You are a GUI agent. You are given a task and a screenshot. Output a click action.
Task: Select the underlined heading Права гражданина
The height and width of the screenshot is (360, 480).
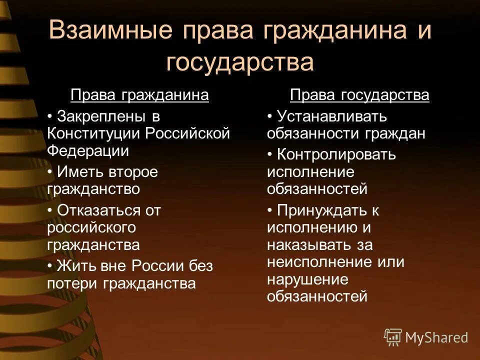(139, 95)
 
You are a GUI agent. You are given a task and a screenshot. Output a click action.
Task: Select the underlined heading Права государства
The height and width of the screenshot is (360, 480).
(359, 95)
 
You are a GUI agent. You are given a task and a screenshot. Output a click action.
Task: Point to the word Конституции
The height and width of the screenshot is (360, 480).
(93, 133)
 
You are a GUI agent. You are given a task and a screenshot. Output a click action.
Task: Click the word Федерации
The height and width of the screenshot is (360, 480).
(88, 150)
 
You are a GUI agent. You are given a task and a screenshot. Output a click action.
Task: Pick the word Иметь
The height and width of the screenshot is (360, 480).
(77, 172)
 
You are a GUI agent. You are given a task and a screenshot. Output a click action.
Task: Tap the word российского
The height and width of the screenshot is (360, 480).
(91, 227)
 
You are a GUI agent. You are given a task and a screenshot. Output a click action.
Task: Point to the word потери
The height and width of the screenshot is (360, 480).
(72, 283)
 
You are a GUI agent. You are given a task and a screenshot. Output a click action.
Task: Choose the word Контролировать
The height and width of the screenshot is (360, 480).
(336, 155)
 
